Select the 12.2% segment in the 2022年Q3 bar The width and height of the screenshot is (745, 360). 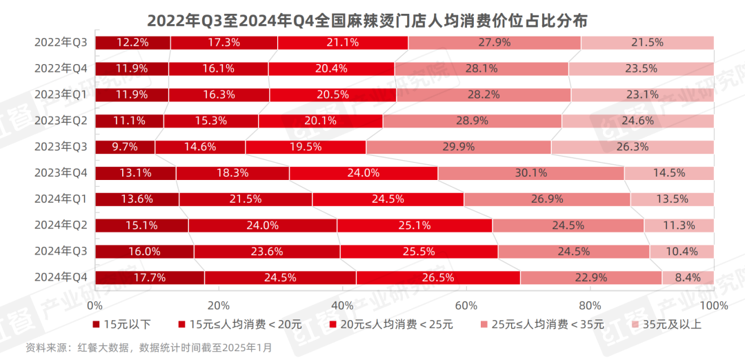(x=132, y=43)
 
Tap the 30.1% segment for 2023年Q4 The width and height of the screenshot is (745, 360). (x=530, y=173)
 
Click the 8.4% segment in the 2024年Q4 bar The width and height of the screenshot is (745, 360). (x=688, y=278)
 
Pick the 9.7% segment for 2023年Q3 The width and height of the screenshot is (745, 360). (x=125, y=147)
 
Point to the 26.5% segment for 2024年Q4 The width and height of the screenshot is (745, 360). (x=438, y=278)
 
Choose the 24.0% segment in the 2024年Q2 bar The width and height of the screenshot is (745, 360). (x=262, y=226)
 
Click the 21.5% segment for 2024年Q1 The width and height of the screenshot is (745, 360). (x=246, y=199)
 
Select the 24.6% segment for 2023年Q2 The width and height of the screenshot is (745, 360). (x=637, y=121)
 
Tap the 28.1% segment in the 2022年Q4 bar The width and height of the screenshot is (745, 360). (x=481, y=69)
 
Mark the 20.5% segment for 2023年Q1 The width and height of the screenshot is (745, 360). (x=332, y=95)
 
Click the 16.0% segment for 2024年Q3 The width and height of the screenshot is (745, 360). (x=144, y=252)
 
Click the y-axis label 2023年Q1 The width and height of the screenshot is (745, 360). (x=61, y=94)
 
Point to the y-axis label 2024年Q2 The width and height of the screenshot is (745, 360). (x=61, y=225)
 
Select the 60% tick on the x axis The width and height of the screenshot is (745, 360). (x=466, y=306)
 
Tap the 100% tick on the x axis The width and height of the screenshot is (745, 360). (x=713, y=306)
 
